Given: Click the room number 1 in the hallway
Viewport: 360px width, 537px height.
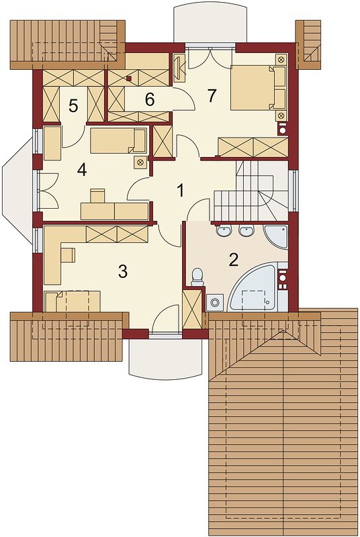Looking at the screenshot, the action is (180, 191).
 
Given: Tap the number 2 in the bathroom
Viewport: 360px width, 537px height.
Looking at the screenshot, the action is (234, 260).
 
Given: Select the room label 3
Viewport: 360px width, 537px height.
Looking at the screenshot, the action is (123, 271).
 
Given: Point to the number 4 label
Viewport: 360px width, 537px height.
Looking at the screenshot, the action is (81, 170).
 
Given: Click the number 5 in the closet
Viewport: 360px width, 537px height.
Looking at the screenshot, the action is (73, 105).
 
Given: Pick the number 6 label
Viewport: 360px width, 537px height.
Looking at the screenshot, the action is (150, 99).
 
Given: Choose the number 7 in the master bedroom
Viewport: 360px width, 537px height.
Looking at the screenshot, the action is (212, 95).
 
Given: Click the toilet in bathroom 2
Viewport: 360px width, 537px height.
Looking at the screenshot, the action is (197, 277).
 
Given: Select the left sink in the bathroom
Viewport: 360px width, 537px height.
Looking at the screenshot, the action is (224, 231).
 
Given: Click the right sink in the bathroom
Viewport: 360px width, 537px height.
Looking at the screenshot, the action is (246, 231).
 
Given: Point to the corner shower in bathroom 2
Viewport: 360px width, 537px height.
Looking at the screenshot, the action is (276, 236).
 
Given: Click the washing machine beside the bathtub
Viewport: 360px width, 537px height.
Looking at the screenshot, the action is (215, 303).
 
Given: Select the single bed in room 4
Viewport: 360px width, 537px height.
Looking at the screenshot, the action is (118, 140).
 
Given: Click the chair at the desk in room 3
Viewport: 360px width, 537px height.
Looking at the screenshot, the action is (68, 255).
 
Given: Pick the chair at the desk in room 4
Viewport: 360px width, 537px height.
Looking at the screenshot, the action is (97, 195).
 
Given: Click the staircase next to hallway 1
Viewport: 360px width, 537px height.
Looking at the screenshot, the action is (251, 191).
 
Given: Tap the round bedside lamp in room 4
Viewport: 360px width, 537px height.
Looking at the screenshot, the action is (140, 162).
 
